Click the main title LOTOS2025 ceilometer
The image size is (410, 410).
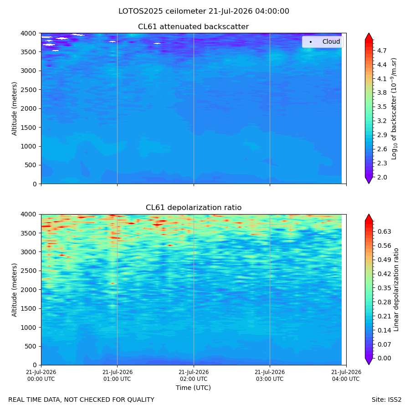162,11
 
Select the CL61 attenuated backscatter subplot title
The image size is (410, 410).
194,27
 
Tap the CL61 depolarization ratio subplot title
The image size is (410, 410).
194,208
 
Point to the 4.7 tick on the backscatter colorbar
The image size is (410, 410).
382,51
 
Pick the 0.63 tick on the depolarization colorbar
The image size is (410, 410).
384,232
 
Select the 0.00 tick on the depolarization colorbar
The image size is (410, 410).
384,358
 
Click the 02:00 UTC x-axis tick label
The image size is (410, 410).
194,375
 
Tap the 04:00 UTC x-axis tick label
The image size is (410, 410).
346,375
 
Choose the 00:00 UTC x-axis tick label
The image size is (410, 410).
41,375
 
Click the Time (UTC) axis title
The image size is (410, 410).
193,388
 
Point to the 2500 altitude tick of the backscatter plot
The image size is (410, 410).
29,90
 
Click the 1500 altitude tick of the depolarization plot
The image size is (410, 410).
29,308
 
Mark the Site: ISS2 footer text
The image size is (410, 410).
386,400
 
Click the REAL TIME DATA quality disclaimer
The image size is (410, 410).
82,400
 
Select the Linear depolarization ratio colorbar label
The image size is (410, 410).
396,290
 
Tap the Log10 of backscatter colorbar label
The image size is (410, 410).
394,109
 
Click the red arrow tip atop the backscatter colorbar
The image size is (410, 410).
369,33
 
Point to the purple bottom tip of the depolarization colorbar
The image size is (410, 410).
369,364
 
